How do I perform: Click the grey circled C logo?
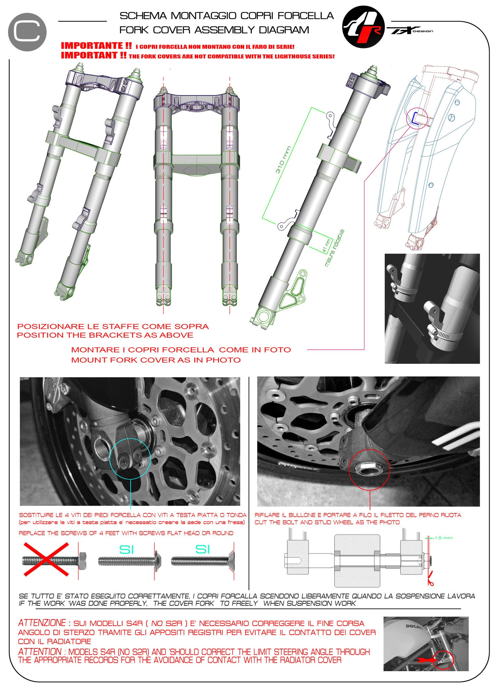pyautogui.click(x=27, y=32)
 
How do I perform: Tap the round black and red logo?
pyautogui.click(x=363, y=27)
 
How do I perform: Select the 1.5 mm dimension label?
pyautogui.click(x=444, y=538)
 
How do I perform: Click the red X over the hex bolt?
pyautogui.click(x=46, y=559)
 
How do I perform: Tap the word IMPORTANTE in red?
pyautogui.click(x=96, y=46)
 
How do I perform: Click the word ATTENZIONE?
pyautogui.click(x=42, y=623)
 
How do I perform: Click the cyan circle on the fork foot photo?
pyautogui.click(x=130, y=459)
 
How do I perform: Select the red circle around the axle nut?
pyautogui.click(x=369, y=470)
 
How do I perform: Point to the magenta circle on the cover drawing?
pyautogui.click(x=417, y=118)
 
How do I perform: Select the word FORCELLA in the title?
pyautogui.click(x=306, y=16)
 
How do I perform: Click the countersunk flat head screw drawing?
pyautogui.click(x=202, y=561)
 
